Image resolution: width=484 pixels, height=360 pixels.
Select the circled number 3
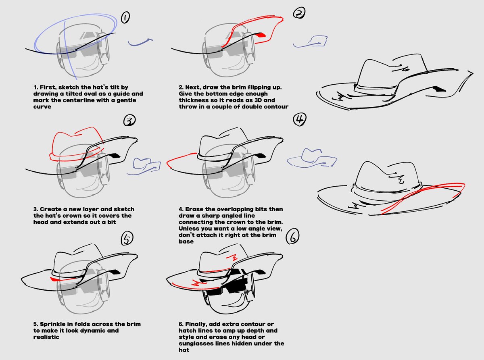click(129, 120)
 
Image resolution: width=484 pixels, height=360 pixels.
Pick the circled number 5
click(126, 239)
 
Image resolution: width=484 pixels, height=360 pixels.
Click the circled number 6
click(293, 237)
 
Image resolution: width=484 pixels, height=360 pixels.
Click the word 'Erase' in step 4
click(195, 209)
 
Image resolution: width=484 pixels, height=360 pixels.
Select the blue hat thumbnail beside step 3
click(145, 163)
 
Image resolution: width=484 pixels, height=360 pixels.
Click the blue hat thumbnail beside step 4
click(311, 158)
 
